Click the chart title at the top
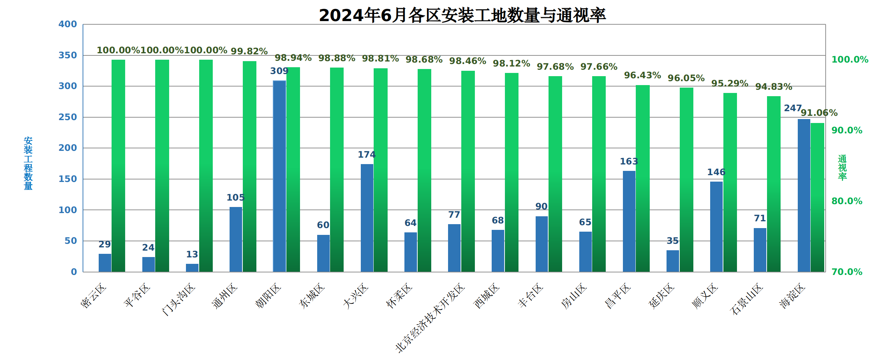pos(462,15)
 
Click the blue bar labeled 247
pos(803,195)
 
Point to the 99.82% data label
pos(249,51)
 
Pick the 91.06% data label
pos(819,113)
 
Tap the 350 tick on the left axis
pos(68,55)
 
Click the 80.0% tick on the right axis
pos(847,201)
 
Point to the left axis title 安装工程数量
pos(28,163)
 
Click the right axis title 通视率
pos(842,167)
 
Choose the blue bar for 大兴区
pos(367,218)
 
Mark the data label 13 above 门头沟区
pos(192,255)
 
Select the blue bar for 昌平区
pos(629,221)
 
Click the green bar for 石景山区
pos(774,184)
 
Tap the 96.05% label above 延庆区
pos(686,78)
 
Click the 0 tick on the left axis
pos(74,272)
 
